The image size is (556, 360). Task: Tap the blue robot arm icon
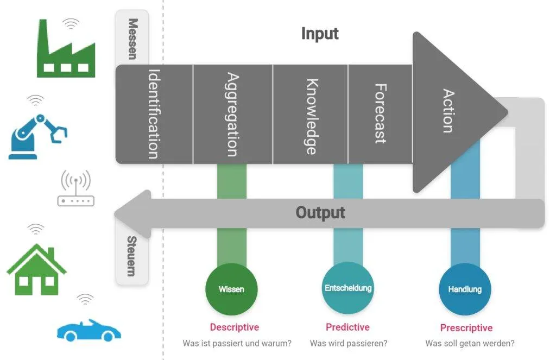click(37, 136)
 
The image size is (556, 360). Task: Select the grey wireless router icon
click(75, 188)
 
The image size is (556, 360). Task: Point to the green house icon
click(36, 269)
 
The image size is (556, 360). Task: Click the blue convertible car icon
click(89, 331)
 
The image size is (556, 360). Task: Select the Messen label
click(132, 39)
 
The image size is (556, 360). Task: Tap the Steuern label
click(131, 256)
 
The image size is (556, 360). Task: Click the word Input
click(320, 34)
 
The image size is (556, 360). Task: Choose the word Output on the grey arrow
click(320, 213)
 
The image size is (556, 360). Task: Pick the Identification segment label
click(154, 114)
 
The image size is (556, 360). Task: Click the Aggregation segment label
click(232, 114)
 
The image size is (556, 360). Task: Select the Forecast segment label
click(381, 114)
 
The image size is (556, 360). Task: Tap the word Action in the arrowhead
click(448, 111)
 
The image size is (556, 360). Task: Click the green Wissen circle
click(231, 289)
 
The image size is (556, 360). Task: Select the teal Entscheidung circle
click(348, 288)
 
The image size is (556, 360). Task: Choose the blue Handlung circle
click(465, 289)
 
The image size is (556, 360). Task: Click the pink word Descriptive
click(235, 327)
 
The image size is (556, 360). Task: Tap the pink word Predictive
click(347, 327)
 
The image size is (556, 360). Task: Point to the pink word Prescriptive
click(466, 328)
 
